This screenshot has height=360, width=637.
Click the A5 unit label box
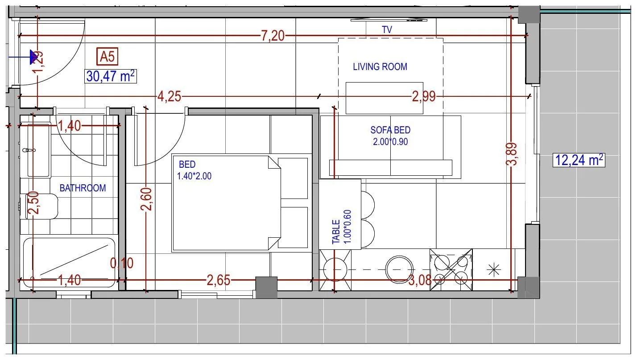pos(107,56)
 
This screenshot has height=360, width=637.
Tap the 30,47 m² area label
pos(110,76)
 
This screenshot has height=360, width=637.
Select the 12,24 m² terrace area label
pos(579,160)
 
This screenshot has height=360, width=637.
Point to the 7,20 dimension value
pos(273,36)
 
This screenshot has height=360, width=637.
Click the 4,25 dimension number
pos(169,97)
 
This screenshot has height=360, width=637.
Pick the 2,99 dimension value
pos(424,97)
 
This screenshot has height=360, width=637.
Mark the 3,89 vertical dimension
pos(512,154)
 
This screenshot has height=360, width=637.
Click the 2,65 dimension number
pos(218,281)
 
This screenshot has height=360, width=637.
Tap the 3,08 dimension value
pos(420,281)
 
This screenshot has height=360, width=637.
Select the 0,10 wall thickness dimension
pos(122,263)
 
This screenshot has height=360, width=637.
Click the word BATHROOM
pos(83,188)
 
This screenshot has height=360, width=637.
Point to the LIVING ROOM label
pos(380,66)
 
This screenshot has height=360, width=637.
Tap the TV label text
pos(387,29)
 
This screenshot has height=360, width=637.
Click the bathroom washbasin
pos(38,150)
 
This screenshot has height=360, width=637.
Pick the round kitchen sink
pos(399,269)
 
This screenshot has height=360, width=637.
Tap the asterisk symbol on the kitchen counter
pos(494,270)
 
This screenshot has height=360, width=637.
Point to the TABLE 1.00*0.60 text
pos(342,227)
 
